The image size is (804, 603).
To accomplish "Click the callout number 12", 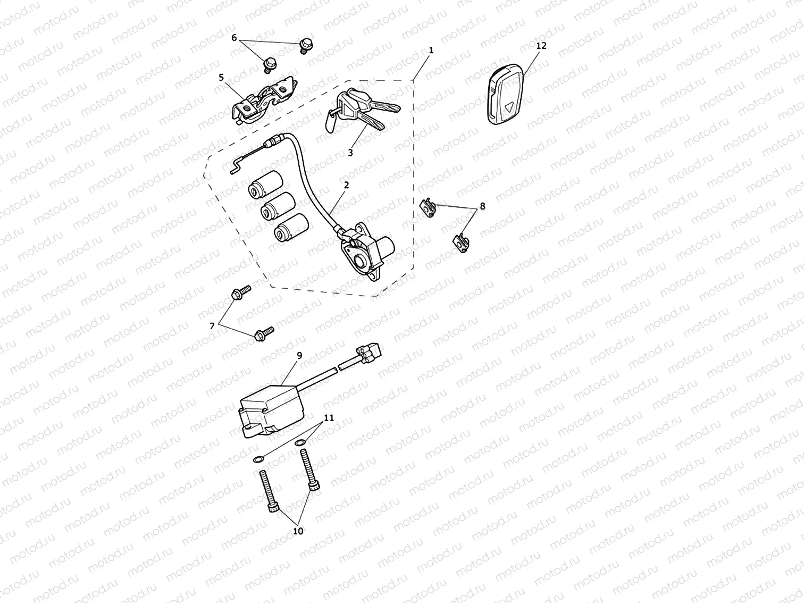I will (541, 46).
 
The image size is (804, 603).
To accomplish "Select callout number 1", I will (431, 50).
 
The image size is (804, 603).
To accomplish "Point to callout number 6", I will (233, 38).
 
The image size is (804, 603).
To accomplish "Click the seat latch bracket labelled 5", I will (264, 100).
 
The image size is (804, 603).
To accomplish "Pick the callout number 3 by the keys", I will (350, 153).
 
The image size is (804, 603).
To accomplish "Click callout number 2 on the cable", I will (346, 185).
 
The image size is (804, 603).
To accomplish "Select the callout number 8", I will (483, 206).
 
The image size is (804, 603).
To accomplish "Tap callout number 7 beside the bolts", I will (212, 326).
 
